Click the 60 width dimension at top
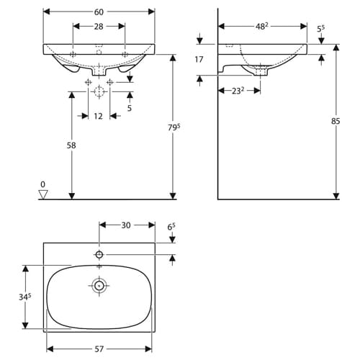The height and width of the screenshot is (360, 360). [99, 12]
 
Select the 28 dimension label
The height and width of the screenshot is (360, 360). [99, 27]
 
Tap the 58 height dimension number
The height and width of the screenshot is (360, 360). [71, 145]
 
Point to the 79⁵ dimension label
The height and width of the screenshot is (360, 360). [174, 127]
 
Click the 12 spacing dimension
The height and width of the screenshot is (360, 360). [98, 116]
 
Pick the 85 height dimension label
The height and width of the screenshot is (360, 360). [336, 121]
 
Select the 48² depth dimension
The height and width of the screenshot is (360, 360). [261, 26]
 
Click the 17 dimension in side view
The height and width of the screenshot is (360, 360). [199, 59]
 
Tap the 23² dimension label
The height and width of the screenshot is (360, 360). [238, 91]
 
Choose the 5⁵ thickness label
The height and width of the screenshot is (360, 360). [320, 29]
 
